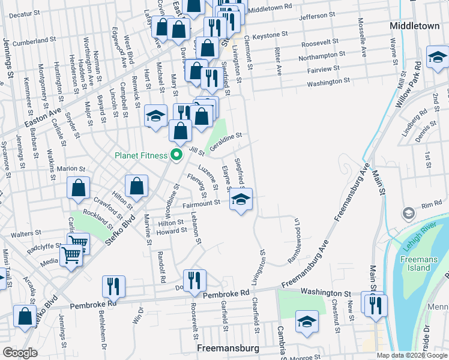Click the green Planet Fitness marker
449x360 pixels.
(176, 155)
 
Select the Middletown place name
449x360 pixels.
(414, 26)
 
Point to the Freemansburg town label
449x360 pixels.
(228, 348)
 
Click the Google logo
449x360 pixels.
(20, 353)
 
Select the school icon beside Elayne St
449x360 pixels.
(241, 200)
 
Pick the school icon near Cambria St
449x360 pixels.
(306, 323)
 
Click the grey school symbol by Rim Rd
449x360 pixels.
(408, 214)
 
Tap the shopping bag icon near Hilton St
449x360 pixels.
(137, 187)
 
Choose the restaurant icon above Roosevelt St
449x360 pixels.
(194, 281)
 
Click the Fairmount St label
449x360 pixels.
(202, 204)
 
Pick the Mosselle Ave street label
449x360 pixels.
(362, 41)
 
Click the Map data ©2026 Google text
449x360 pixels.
(411, 355)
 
